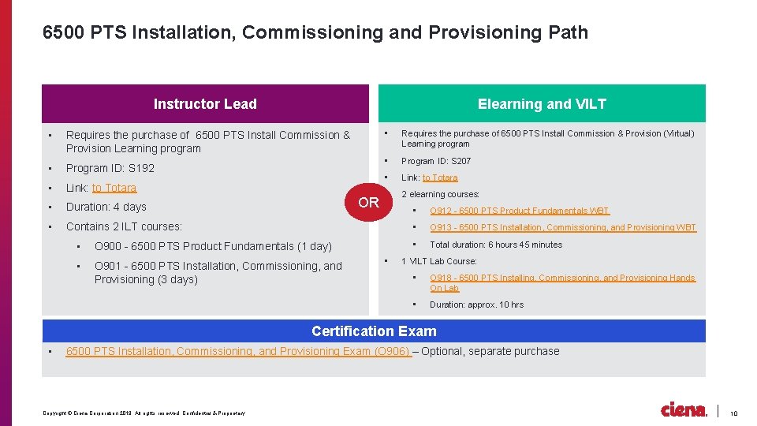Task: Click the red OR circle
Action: [x=368, y=202]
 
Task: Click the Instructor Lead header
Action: [x=205, y=103]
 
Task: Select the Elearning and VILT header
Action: [x=542, y=103]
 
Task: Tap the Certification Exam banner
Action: [x=374, y=331]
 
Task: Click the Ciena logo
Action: [x=684, y=409]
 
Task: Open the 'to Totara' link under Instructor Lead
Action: [x=114, y=188]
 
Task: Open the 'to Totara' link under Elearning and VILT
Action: [x=440, y=177]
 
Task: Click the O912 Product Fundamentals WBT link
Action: [x=519, y=211]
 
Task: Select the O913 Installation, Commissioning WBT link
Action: [x=562, y=227]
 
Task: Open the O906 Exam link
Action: [x=238, y=351]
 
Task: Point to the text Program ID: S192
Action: [x=110, y=168]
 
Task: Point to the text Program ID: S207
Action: [x=436, y=161]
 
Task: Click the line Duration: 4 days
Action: [x=106, y=207]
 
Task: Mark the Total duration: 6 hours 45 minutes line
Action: [x=496, y=245]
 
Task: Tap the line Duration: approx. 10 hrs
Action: [x=476, y=305]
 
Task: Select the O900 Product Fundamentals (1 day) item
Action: [x=213, y=246]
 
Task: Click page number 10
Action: [x=733, y=413]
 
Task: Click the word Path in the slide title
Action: [x=568, y=32]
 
